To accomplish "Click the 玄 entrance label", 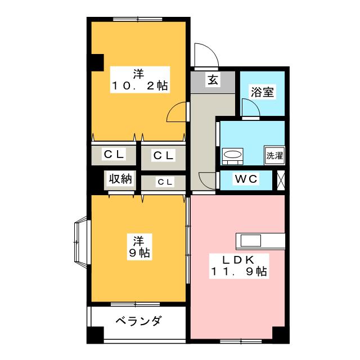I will coord(213,80).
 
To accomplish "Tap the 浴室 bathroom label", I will coord(263,92).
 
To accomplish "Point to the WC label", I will coord(246,179).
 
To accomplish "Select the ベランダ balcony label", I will coord(138,322).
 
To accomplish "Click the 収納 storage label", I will coord(120,179).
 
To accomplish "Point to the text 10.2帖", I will coord(138,86).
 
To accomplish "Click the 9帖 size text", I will coord(138,253).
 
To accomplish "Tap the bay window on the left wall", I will coord(79,240).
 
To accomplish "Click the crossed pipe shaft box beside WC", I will coord(281,179).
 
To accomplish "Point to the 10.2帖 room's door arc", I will coord(177,112).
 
